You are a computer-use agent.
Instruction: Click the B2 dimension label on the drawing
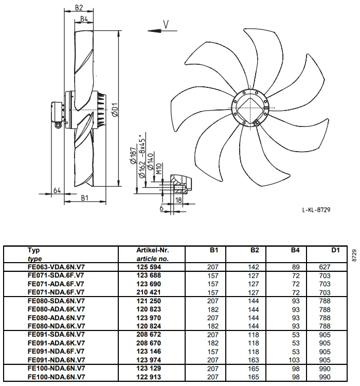[79, 8]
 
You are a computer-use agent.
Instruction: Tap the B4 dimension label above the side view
[84, 19]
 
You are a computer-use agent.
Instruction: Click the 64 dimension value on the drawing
[57, 190]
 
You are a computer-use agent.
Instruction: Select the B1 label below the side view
[85, 198]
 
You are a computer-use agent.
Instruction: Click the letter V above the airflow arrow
[166, 25]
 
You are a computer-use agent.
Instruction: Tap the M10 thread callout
[159, 169]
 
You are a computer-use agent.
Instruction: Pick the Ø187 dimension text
[133, 156]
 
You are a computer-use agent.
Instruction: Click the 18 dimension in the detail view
[178, 200]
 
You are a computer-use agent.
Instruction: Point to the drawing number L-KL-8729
[316, 210]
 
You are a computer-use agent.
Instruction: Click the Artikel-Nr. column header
[153, 250]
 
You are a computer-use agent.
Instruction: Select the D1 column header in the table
[335, 250]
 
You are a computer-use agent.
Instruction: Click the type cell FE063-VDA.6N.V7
[56, 267]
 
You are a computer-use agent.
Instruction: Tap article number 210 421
[149, 292]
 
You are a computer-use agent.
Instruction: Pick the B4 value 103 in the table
[294, 360]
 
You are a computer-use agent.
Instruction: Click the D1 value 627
[325, 267]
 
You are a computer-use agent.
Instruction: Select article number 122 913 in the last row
[149, 377]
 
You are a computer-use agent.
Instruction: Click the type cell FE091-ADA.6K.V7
[57, 343]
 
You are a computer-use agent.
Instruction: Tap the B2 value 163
[254, 360]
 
